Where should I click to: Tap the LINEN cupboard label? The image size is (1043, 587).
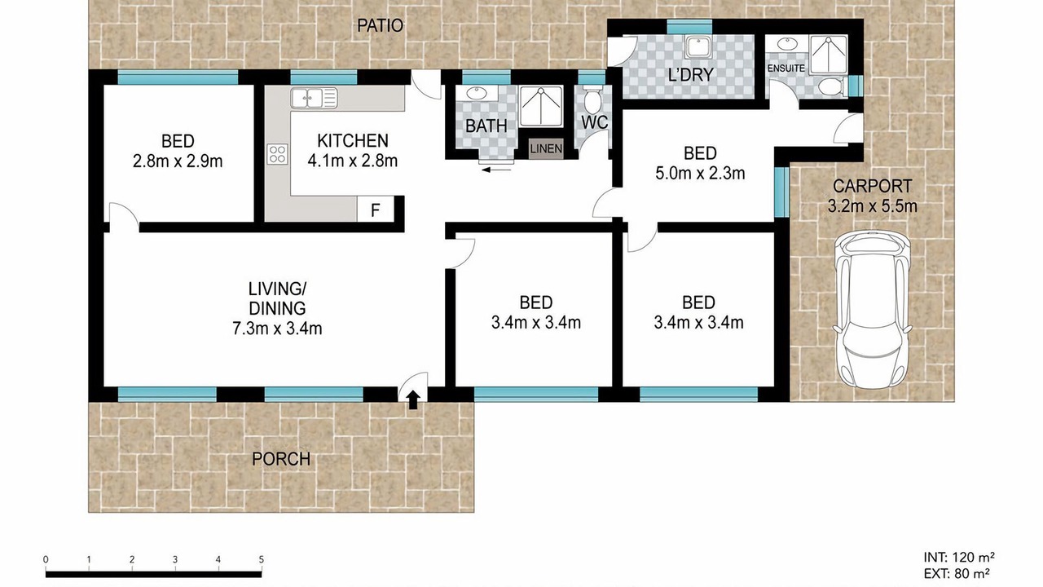[546, 149]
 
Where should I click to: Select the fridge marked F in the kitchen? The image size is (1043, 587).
[376, 210]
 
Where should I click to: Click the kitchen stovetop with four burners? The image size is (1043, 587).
[278, 154]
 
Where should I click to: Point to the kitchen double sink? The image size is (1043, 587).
[314, 98]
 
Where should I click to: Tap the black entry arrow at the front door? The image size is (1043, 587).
[413, 399]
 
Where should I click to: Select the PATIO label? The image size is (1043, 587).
[380, 25]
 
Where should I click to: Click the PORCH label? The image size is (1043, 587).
[281, 459]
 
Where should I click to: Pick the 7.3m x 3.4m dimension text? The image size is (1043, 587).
[277, 329]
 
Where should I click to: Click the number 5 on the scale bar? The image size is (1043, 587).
[262, 559]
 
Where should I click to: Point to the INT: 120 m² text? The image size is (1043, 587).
[959, 557]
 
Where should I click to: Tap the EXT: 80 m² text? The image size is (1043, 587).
[957, 573]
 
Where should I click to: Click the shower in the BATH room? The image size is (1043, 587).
[540, 106]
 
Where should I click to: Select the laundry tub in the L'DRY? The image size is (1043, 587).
[698, 47]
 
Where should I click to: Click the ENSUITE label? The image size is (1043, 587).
[786, 68]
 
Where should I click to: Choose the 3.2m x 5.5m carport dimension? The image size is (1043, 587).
[872, 205]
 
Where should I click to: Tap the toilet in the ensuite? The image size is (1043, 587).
[831, 86]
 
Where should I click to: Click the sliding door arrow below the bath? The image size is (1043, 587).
[496, 170]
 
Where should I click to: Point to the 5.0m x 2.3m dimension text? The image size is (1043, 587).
[700, 174]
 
